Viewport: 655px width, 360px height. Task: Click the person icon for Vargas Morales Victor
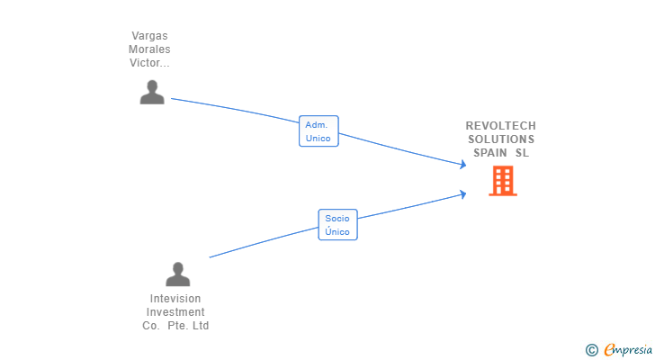(x=152, y=93)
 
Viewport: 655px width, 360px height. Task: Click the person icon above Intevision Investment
(x=178, y=274)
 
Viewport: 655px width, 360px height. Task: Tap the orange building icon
(x=502, y=181)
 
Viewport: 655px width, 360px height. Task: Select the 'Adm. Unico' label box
(x=319, y=131)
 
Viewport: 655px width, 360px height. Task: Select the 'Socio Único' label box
(x=337, y=225)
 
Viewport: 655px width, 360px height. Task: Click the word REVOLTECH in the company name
(x=500, y=126)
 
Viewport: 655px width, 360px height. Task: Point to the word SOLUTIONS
(x=500, y=139)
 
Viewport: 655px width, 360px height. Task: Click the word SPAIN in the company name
(x=491, y=153)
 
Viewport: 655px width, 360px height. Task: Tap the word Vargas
(x=149, y=36)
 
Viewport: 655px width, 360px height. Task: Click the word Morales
(x=149, y=49)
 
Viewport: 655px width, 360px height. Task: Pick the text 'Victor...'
(x=149, y=63)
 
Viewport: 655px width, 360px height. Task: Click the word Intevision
(x=175, y=299)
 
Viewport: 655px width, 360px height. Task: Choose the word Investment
(x=175, y=312)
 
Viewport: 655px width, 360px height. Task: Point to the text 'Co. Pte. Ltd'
(x=175, y=326)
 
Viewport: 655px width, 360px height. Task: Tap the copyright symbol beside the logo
(x=591, y=350)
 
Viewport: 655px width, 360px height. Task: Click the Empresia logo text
(x=628, y=350)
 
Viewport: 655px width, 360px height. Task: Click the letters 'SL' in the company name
(x=522, y=153)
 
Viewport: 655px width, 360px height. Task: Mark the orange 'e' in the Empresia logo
(x=609, y=350)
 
